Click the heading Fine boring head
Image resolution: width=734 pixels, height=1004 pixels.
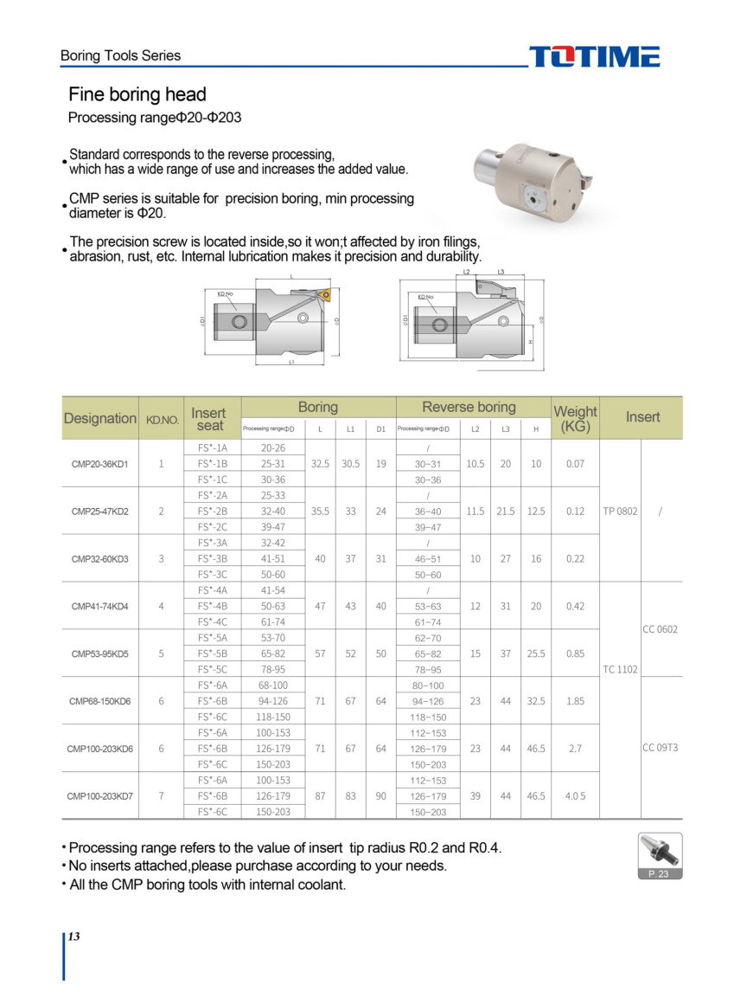[x=137, y=94]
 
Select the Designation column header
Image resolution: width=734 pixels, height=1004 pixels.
[x=100, y=418]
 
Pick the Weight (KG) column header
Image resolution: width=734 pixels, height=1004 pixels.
[x=575, y=419]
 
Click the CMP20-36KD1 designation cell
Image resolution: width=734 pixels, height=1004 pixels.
[x=99, y=464]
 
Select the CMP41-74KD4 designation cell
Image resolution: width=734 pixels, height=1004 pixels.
[x=99, y=606]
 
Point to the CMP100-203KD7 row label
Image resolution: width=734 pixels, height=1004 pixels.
[x=99, y=795]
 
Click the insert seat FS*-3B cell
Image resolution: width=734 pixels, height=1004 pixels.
[x=212, y=558]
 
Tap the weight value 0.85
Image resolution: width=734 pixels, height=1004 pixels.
[x=575, y=653]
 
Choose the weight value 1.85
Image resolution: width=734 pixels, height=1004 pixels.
[x=575, y=701]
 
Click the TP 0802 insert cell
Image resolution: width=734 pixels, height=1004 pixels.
[x=620, y=512]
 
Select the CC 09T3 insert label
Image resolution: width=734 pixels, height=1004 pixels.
[x=661, y=748]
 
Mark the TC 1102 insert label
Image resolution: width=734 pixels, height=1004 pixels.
[x=620, y=669]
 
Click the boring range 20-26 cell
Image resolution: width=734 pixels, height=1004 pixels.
[x=272, y=448]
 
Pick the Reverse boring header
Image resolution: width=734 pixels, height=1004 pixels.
[x=469, y=407]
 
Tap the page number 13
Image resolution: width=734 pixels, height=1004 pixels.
[x=74, y=936]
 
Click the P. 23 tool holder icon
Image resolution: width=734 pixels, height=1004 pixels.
[x=660, y=855]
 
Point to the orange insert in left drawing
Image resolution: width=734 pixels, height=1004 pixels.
[x=325, y=295]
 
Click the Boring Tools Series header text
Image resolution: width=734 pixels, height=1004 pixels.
[x=121, y=55]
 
